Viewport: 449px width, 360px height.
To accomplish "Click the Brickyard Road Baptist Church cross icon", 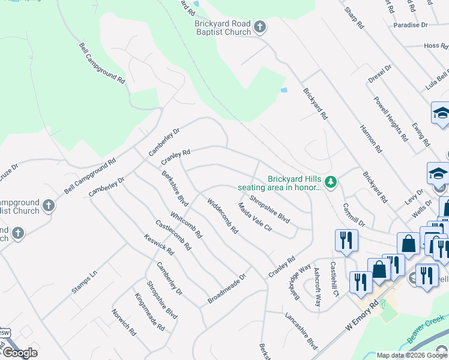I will [259, 27].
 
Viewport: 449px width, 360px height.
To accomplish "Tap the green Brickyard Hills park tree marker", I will [330, 181].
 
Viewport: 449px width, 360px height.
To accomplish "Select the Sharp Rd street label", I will [354, 19].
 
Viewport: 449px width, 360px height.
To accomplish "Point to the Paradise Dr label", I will [411, 25].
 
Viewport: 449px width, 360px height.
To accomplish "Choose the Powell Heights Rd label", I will [391, 118].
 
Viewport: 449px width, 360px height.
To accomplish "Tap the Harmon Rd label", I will [371, 137].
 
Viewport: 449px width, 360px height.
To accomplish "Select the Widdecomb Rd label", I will [223, 216].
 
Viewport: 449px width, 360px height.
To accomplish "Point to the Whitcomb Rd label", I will [186, 224].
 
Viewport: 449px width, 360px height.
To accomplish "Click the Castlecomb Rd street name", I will [173, 235].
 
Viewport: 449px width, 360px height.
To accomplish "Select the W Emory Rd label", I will [364, 317].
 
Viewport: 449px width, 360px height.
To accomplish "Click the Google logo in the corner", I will [20, 353].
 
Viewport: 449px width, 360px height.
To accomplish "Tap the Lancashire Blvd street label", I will [301, 330].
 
